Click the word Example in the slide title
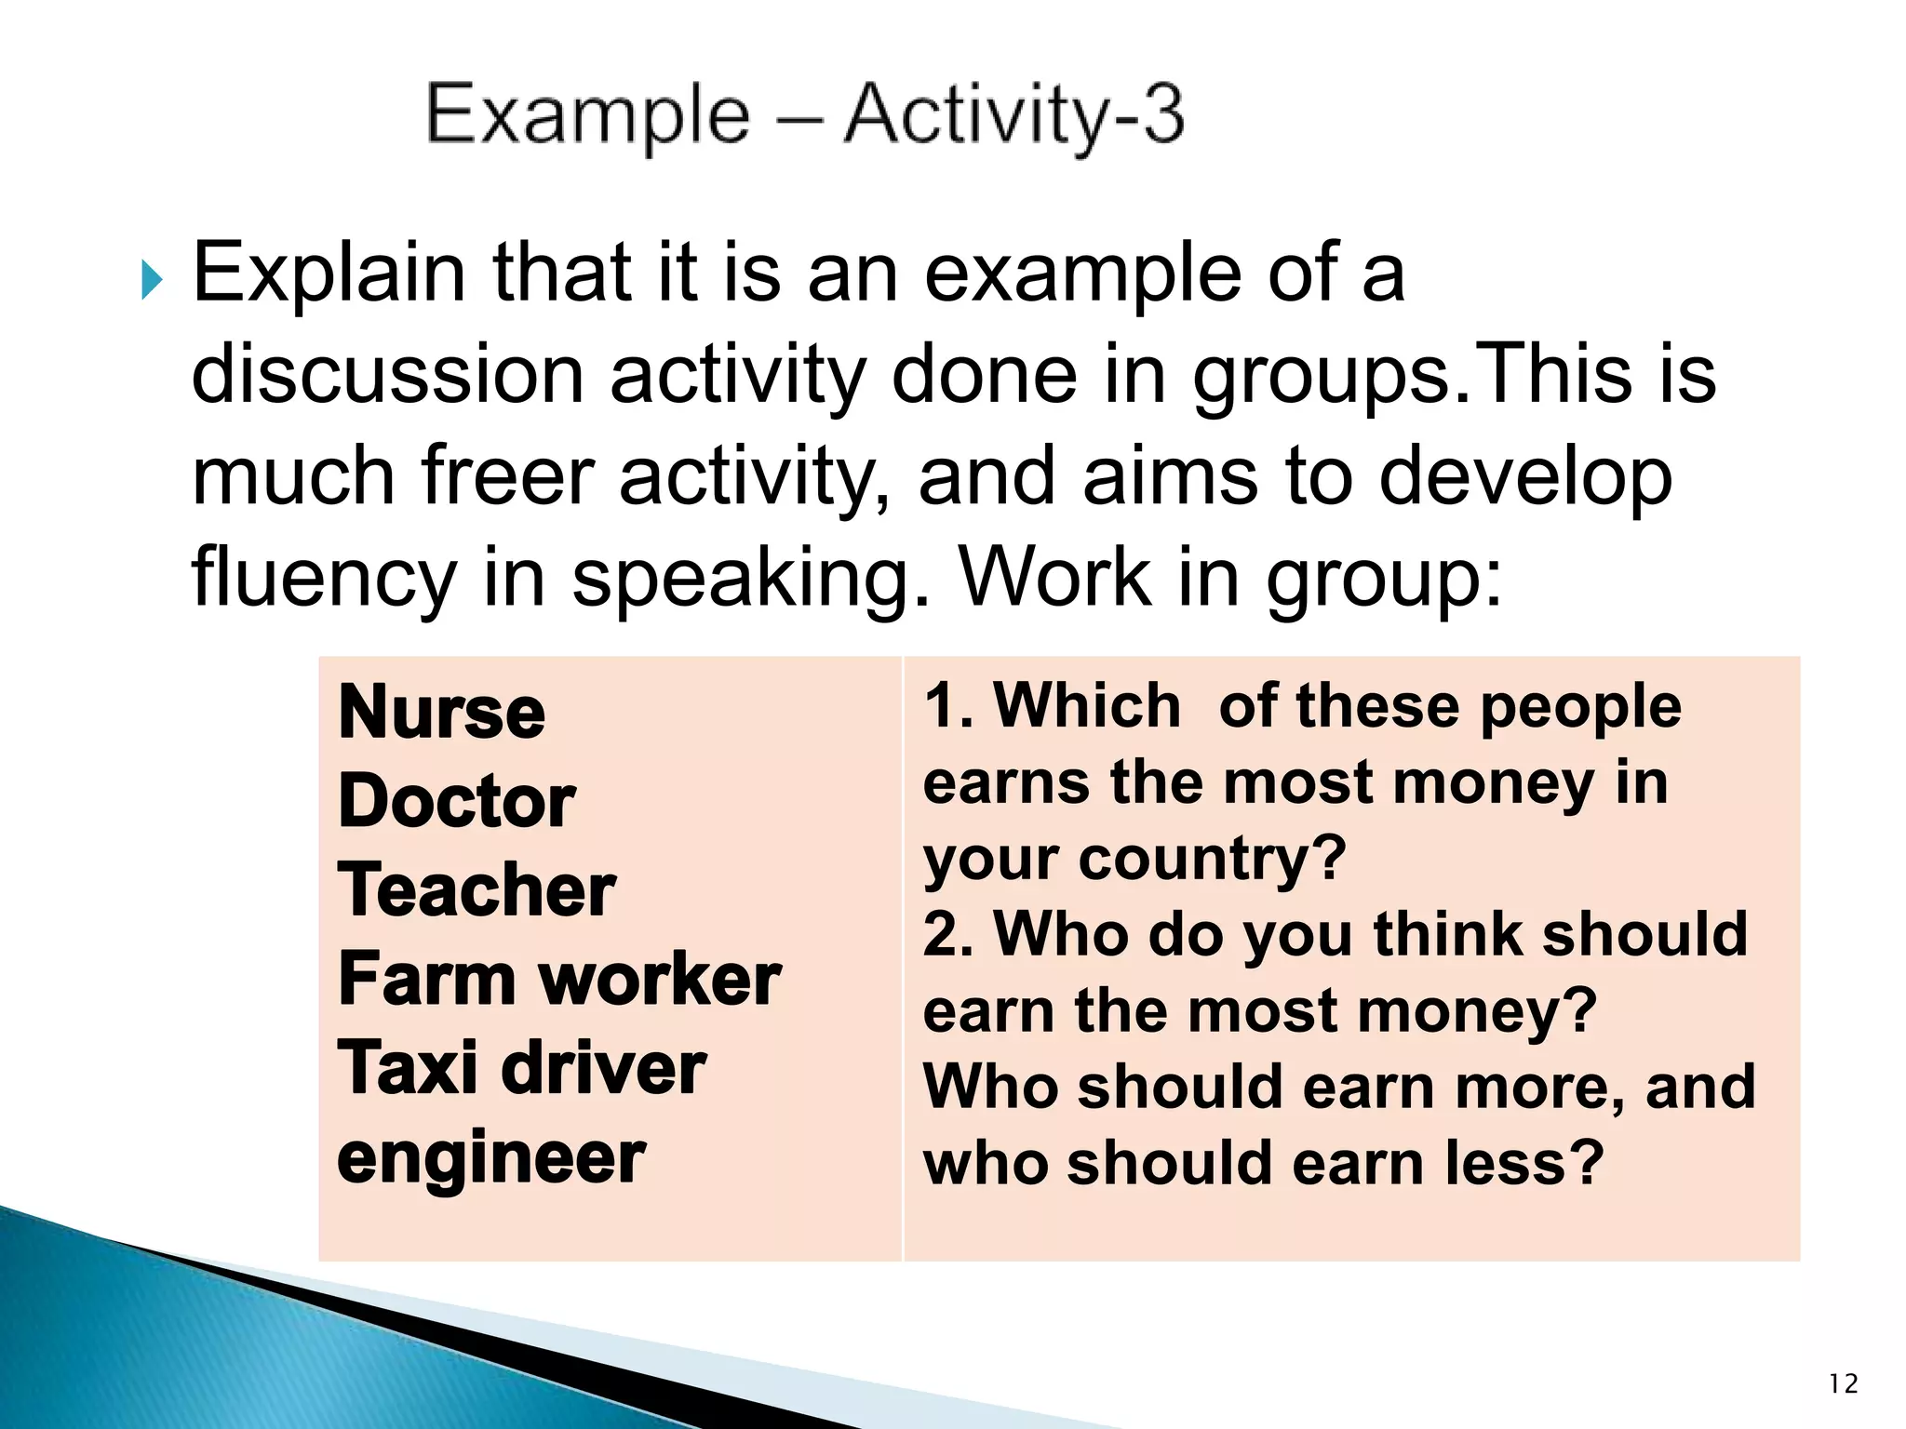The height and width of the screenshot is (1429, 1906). point(587,115)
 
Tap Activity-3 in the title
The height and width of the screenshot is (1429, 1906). point(1013,115)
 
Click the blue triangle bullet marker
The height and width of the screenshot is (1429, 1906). point(152,280)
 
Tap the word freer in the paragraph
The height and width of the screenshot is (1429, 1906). point(507,475)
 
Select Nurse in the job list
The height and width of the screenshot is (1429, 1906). point(441,713)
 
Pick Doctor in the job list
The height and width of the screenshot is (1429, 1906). point(456,802)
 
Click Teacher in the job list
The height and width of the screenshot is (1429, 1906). point(476,890)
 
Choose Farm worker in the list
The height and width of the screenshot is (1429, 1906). point(558,980)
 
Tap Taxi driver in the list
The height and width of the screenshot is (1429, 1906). point(521,1068)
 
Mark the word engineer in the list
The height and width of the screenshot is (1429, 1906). point(490,1159)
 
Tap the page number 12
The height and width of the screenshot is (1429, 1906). point(1843,1384)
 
